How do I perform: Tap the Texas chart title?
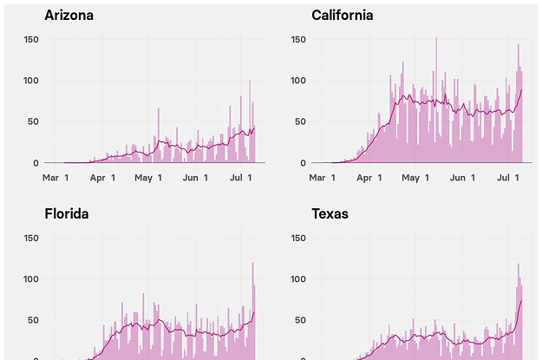coord(330,213)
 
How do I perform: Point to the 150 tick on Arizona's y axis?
coord(30,40)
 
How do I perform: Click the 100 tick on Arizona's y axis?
coord(30,81)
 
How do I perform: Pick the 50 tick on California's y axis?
coord(300,121)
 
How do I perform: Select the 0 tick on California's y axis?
coord(303,162)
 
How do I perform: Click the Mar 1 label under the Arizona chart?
coord(56,178)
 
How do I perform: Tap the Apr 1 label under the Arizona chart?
coord(103,178)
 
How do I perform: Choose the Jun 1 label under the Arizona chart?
coord(194,178)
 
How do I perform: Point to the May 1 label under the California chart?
coord(416,178)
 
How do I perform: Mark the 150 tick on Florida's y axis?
coord(30,239)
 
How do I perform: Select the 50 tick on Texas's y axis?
coord(300,320)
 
